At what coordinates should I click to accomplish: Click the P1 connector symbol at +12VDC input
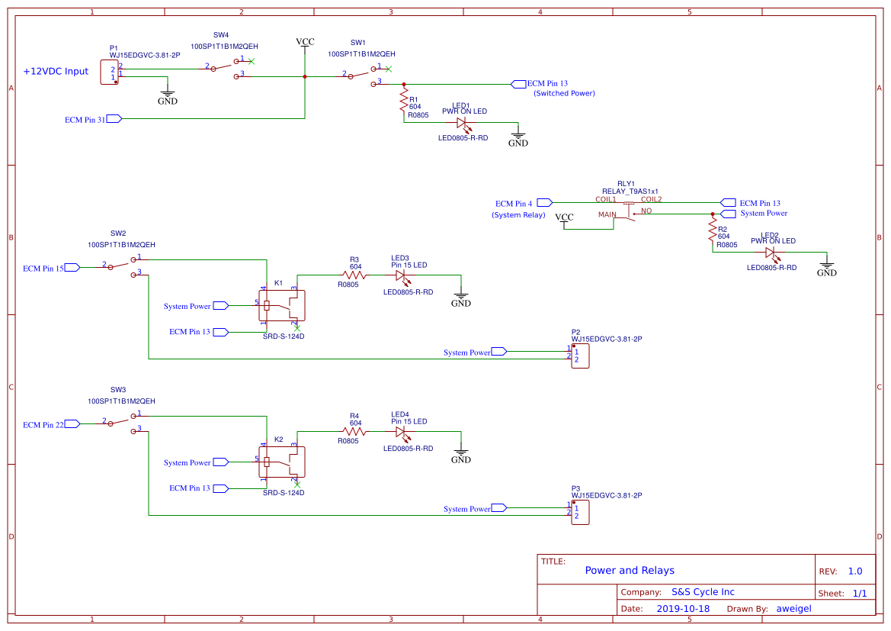(110, 73)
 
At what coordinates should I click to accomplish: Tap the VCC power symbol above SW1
(305, 43)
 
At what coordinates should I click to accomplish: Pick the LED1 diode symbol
(462, 122)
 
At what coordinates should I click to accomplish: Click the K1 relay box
(282, 305)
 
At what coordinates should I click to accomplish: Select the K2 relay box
(282, 462)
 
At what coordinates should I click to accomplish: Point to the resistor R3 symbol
(354, 275)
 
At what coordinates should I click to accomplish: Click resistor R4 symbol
(354, 432)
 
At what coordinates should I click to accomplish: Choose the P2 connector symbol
(580, 356)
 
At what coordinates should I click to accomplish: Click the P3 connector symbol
(580, 513)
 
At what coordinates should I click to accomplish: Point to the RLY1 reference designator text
(626, 184)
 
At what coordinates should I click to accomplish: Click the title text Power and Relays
(630, 571)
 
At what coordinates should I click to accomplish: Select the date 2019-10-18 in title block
(682, 609)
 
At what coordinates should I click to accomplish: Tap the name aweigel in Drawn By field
(793, 609)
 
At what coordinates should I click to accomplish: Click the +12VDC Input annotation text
(56, 71)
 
